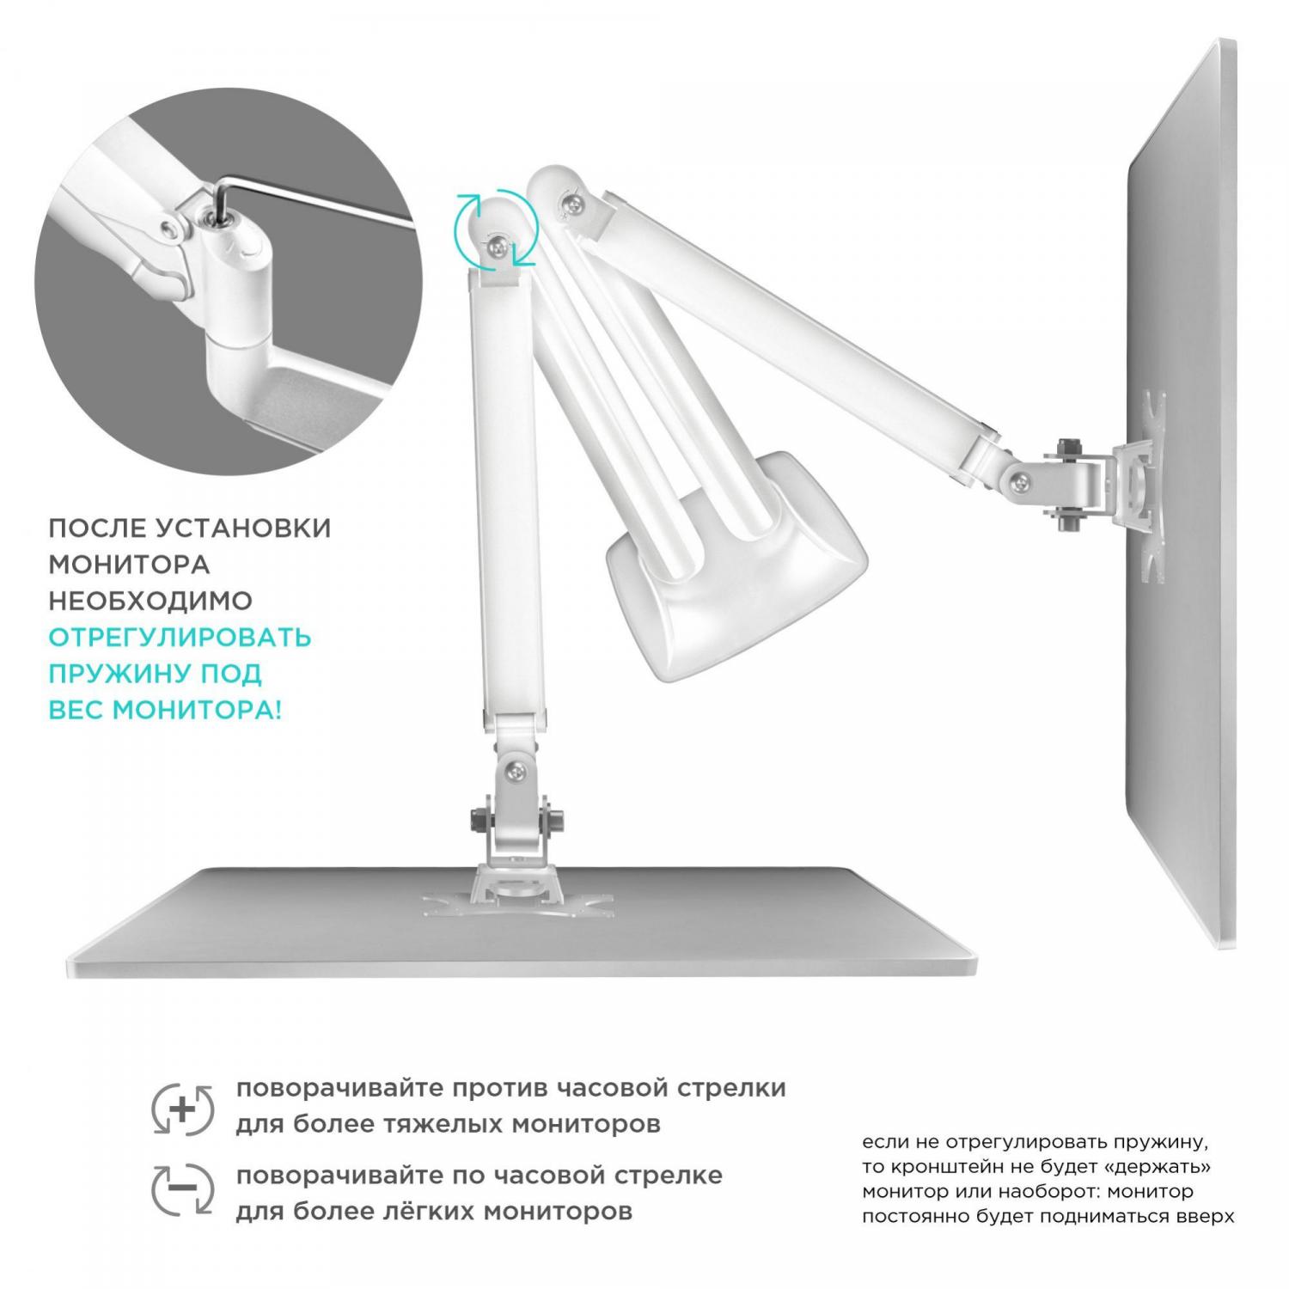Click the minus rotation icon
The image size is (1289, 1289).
pyautogui.click(x=181, y=1189)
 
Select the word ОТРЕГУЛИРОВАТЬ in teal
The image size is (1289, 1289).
pyautogui.click(x=180, y=638)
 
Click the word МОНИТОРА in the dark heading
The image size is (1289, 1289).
pyautogui.click(x=129, y=565)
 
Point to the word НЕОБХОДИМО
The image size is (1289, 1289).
pyautogui.click(x=150, y=601)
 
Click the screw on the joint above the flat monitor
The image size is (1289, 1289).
pyautogui.click(x=514, y=773)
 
